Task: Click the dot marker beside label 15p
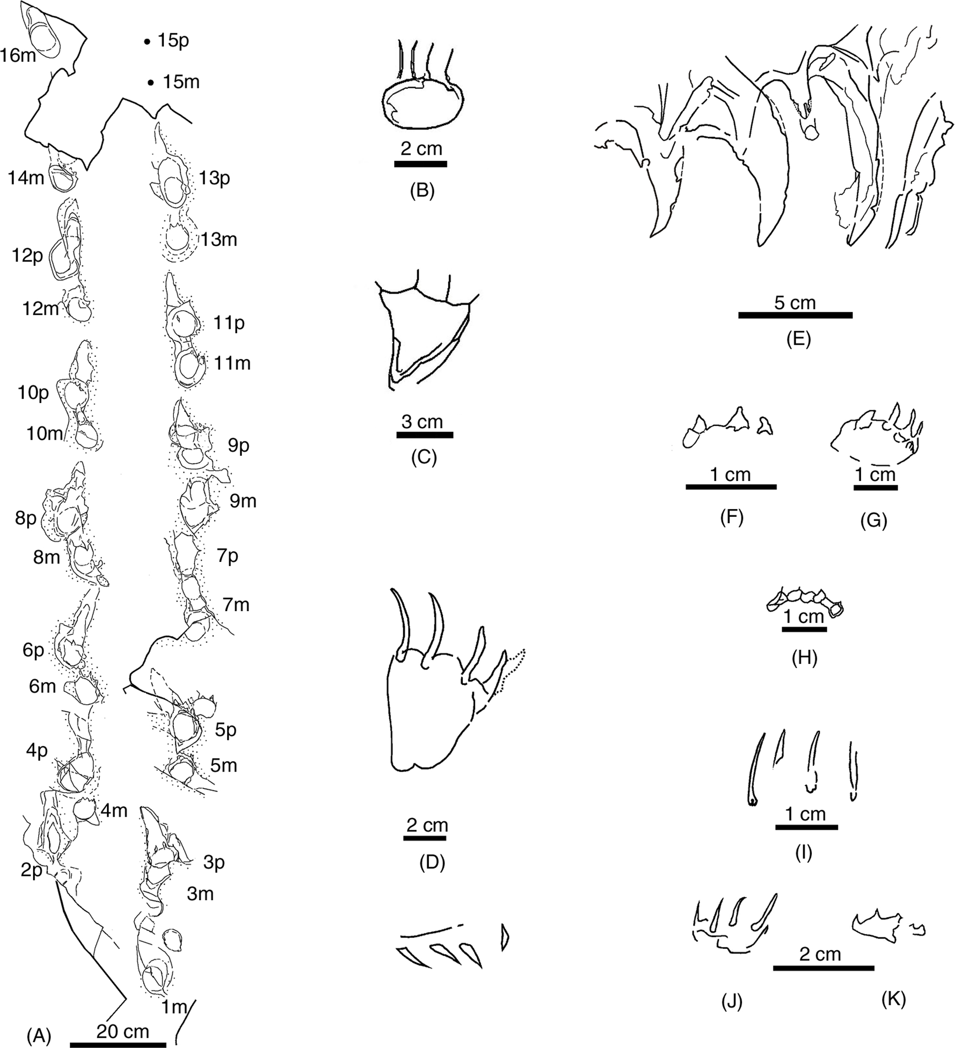click(x=147, y=41)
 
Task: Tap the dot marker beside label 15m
click(x=151, y=82)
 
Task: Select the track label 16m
click(x=18, y=55)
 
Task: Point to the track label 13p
click(x=214, y=178)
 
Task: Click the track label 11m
click(x=232, y=363)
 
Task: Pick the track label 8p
click(x=26, y=518)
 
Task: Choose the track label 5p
click(x=226, y=729)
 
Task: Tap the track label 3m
click(x=200, y=894)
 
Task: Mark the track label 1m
click(x=173, y=1007)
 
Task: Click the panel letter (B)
click(x=422, y=191)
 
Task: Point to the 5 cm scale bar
click(x=795, y=315)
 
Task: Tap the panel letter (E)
click(x=799, y=339)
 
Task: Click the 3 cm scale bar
click(x=425, y=435)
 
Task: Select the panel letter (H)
click(x=804, y=658)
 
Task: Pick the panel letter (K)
click(x=894, y=999)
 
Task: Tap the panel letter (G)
click(x=874, y=520)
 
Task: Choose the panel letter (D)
click(x=432, y=863)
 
